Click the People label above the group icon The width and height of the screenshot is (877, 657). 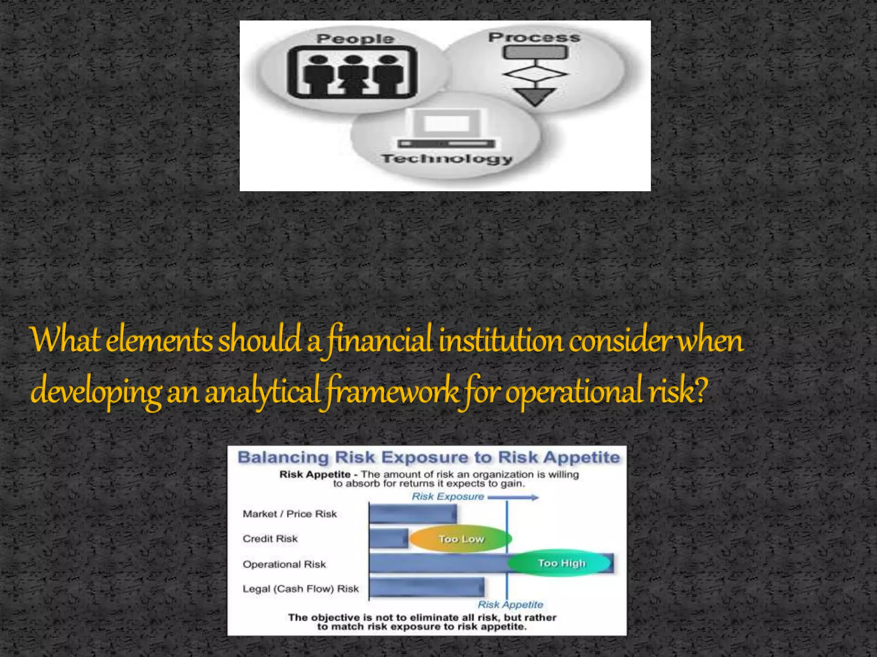355,38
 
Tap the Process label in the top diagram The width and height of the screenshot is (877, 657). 534,37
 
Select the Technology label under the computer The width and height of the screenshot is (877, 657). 447,159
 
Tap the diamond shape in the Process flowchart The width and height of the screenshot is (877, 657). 535,74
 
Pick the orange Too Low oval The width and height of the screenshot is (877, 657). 460,539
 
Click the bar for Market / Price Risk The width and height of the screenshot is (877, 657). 413,514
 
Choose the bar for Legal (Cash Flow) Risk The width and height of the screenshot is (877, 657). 427,588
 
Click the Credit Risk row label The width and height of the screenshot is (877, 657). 270,539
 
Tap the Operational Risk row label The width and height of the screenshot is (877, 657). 284,564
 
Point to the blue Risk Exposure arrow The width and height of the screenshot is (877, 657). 513,497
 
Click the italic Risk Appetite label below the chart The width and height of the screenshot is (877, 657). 510,604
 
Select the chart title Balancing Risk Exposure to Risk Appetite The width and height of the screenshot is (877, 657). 428,457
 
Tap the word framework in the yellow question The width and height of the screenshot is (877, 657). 392,391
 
